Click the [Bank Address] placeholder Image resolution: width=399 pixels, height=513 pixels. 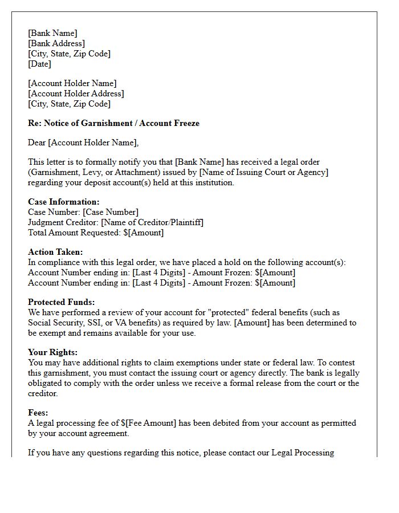click(56, 43)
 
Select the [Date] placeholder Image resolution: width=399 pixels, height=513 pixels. click(40, 64)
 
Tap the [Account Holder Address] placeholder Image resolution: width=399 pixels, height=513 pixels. click(76, 93)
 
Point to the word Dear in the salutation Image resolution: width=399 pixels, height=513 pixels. click(37, 142)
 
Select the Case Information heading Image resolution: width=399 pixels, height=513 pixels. click(63, 202)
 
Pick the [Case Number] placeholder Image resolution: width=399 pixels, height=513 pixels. click(111, 212)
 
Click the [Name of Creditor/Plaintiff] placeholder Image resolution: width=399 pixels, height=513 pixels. click(152, 222)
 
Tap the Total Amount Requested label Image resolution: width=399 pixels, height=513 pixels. click(74, 233)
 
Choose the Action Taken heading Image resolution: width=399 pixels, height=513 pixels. click(55, 252)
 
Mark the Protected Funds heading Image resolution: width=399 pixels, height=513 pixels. click(61, 302)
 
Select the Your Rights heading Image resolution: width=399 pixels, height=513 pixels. click(52, 352)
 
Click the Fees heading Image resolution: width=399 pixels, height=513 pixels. click(38, 413)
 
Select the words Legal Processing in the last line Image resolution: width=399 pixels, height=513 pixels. click(302, 453)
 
